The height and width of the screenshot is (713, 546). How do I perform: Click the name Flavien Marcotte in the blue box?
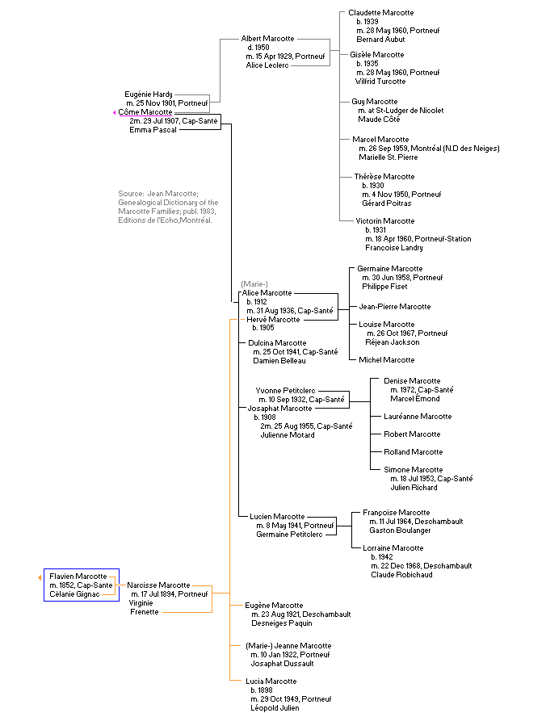[78, 576]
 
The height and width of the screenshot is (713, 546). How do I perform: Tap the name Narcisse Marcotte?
[158, 585]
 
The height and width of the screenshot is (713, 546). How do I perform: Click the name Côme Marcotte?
[145, 112]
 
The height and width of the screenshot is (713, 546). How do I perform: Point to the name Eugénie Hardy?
[149, 94]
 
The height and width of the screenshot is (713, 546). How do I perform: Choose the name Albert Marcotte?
[267, 39]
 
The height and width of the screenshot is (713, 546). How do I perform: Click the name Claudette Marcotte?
[380, 13]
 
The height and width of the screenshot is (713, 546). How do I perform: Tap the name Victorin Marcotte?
[384, 221]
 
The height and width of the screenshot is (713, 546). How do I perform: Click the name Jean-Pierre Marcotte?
[394, 307]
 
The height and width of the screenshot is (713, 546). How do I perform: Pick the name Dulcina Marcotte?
[278, 343]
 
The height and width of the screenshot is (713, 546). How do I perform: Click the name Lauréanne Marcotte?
[418, 417]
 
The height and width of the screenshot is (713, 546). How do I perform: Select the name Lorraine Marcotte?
[393, 548]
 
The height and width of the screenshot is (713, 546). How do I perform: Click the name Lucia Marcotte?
[271, 682]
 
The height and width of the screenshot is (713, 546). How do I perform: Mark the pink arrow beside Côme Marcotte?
[115, 113]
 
